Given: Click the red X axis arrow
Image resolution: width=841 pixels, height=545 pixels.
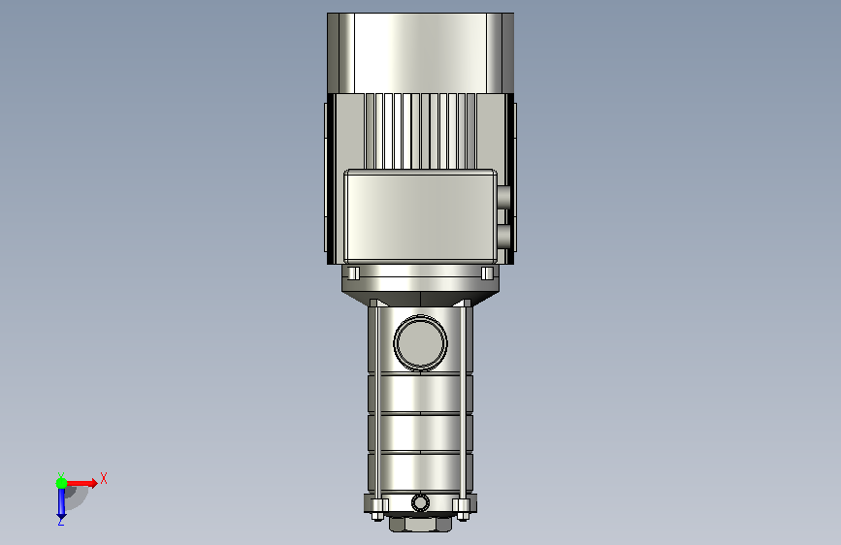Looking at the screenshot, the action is [81, 483].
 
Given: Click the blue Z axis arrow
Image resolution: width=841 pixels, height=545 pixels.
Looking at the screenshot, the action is [61, 501].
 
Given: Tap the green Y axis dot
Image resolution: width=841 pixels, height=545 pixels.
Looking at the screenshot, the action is [61, 483].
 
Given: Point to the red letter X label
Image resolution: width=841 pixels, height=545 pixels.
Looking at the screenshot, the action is [104, 478].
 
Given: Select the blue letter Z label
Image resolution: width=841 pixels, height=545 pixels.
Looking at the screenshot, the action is [61, 521].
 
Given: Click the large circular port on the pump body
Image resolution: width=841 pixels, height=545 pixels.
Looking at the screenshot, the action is [421, 342].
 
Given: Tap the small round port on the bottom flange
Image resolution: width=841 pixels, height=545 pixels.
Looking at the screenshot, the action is [421, 503].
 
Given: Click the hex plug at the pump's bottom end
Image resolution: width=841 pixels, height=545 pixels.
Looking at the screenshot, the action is [421, 524].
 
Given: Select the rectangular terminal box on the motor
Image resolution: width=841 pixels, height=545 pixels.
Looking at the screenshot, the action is [421, 216].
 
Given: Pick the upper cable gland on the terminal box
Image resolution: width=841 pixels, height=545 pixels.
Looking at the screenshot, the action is [503, 197].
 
